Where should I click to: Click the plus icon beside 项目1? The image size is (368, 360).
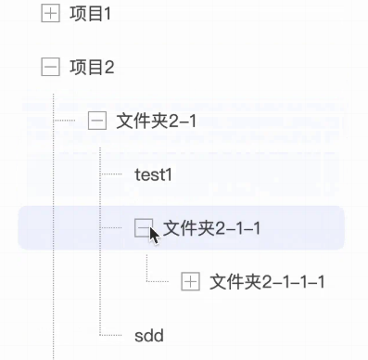point(50,13)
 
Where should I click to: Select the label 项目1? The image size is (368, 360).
point(90,14)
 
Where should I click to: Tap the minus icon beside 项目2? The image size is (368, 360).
point(50,67)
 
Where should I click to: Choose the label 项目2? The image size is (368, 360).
point(92,67)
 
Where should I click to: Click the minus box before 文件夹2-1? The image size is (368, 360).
point(97,121)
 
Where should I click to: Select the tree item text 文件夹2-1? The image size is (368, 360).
point(157,121)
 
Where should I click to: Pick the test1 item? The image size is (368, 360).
point(153,174)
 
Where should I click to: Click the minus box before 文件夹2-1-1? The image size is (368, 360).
point(144,227)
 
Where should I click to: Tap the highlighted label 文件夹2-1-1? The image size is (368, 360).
point(211,228)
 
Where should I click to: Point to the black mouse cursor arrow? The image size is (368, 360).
point(154,236)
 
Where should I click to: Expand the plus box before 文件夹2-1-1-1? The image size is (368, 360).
point(190,281)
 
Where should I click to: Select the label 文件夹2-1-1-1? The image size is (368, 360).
point(267,282)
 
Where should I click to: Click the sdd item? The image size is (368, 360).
point(149,336)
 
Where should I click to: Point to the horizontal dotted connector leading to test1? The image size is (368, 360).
point(111,174)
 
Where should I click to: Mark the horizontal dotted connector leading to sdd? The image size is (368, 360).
point(111,335)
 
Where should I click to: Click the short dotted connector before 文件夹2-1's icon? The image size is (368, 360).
point(64,121)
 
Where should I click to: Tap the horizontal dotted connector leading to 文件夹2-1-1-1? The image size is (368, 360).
point(158,281)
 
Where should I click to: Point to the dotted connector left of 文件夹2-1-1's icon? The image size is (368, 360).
point(111,227)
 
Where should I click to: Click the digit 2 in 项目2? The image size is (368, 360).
point(108,68)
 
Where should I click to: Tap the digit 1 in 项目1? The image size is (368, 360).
point(107,14)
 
